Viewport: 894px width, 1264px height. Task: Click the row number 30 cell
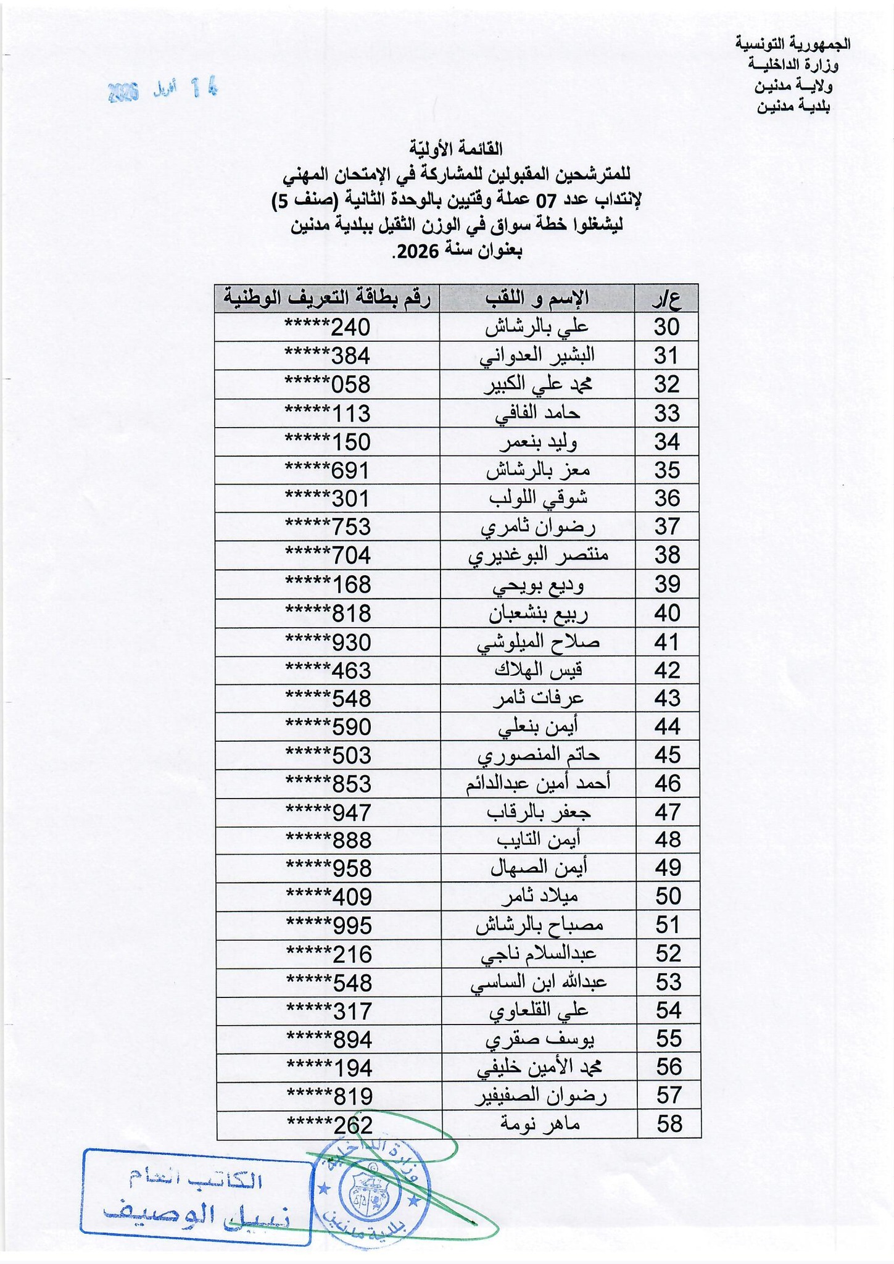coord(666,326)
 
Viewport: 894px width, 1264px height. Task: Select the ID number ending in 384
coord(327,356)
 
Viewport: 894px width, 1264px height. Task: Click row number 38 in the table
coord(666,555)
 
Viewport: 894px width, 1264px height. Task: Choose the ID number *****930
coord(327,642)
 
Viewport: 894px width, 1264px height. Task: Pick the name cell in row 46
coord(537,783)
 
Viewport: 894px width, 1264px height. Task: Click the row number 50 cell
coord(666,896)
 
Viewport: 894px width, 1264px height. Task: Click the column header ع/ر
coord(666,298)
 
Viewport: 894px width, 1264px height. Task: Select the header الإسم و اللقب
coord(537,298)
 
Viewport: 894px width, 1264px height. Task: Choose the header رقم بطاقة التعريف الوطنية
coord(327,298)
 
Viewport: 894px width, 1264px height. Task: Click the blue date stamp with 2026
coord(163,90)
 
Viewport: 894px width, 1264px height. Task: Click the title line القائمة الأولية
coord(456,149)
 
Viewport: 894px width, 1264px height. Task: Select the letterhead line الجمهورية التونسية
coord(793,44)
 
